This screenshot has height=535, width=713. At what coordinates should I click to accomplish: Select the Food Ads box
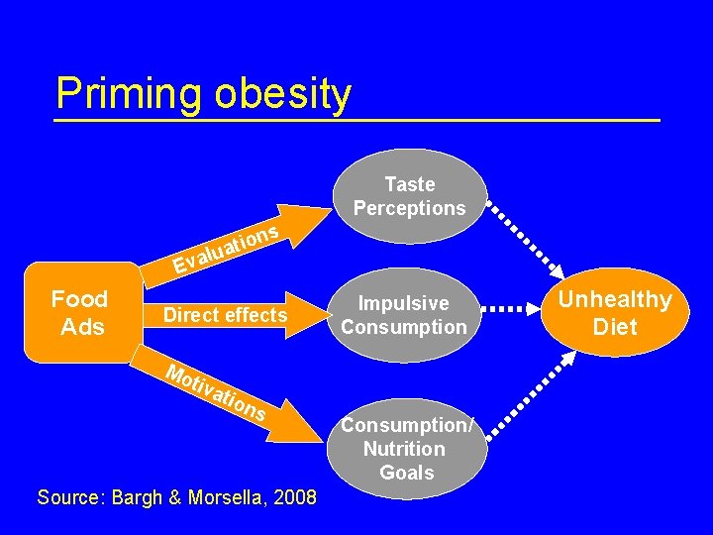tap(82, 313)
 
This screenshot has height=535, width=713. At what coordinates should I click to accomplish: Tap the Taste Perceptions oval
tap(409, 196)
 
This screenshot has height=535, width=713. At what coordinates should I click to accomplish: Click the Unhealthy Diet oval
tap(614, 313)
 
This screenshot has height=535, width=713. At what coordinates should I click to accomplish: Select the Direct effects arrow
tap(226, 315)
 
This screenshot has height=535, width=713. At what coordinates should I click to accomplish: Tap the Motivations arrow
tap(218, 393)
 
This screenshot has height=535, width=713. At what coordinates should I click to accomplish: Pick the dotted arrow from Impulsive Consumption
tap(523, 309)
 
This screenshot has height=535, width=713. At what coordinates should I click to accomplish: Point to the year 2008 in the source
tap(296, 497)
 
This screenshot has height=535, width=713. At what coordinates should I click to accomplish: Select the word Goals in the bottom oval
tap(407, 473)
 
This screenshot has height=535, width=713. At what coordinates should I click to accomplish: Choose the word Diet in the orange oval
tap(614, 327)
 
